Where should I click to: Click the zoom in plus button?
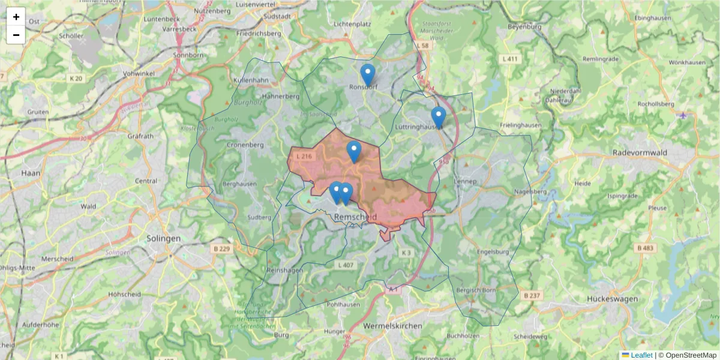pos(16,17)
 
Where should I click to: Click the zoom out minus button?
pos(16,35)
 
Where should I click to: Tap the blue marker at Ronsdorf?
pos(368,75)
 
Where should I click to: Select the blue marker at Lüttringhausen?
pos(439,118)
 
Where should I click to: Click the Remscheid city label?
pos(356,217)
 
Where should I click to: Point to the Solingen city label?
pos(163,238)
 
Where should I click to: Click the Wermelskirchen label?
pos(392,325)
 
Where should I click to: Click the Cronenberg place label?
pos(245,145)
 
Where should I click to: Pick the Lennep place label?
pos(465,181)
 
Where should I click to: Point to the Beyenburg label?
pos(524,27)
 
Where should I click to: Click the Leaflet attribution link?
pos(641,355)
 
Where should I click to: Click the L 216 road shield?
pos(304,157)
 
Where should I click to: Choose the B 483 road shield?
pos(646,248)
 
